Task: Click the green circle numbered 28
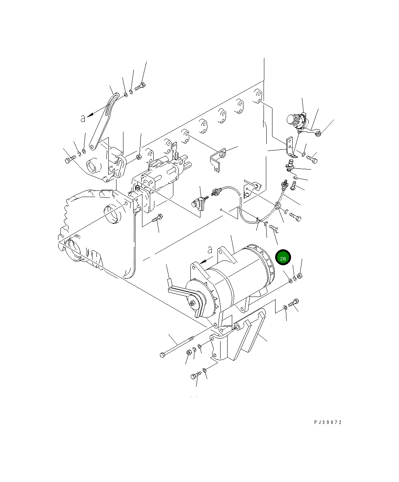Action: pyautogui.click(x=283, y=258)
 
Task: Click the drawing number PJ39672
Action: pyautogui.click(x=328, y=423)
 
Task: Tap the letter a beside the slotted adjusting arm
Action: pyautogui.click(x=82, y=118)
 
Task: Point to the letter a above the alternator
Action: pyautogui.click(x=209, y=249)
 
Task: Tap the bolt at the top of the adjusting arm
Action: pyautogui.click(x=140, y=87)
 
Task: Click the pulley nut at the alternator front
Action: pyautogui.click(x=192, y=303)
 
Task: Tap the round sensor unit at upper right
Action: pyautogui.click(x=296, y=121)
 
